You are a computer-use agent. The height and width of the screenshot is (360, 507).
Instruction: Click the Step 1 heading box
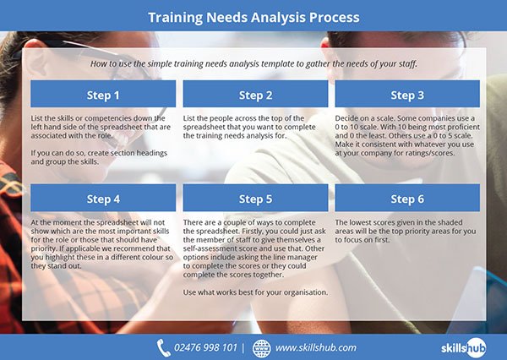103,95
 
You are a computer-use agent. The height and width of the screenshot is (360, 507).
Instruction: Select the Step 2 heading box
255,95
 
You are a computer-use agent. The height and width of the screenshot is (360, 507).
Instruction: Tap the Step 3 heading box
407,95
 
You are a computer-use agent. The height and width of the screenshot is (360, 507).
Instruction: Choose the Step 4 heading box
103,199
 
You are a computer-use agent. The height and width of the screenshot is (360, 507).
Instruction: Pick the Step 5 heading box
255,199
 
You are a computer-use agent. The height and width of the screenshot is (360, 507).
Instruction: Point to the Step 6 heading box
407,199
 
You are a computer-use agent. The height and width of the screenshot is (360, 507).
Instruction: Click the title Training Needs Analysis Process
253,17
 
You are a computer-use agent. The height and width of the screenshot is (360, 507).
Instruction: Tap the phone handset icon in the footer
164,347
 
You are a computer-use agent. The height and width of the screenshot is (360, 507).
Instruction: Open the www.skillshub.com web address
316,347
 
